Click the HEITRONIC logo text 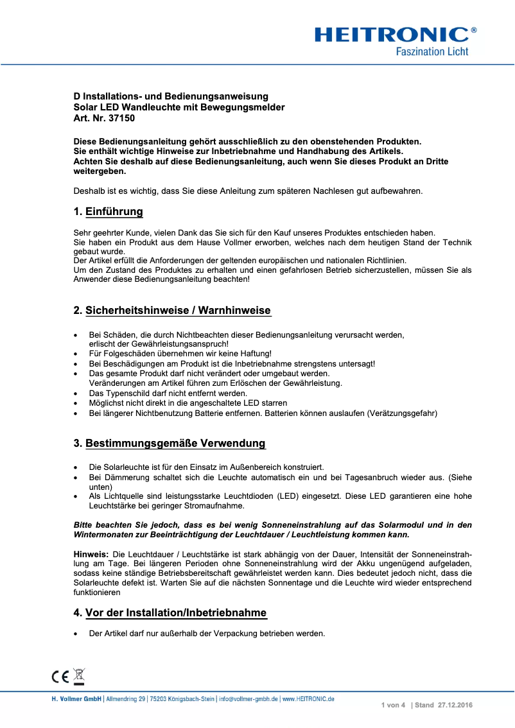click(x=392, y=34)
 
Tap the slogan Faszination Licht click(x=432, y=51)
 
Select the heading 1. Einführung click(x=108, y=212)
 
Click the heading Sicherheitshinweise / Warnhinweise click(x=178, y=311)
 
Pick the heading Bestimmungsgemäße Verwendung click(x=175, y=444)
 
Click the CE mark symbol click(x=60, y=676)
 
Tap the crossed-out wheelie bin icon click(x=78, y=675)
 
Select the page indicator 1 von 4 click(x=393, y=706)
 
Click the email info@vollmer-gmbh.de click(x=248, y=698)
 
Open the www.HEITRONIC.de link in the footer click(x=308, y=698)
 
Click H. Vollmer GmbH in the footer click(x=76, y=698)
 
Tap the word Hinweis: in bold click(x=91, y=553)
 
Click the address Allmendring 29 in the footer click(x=126, y=698)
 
